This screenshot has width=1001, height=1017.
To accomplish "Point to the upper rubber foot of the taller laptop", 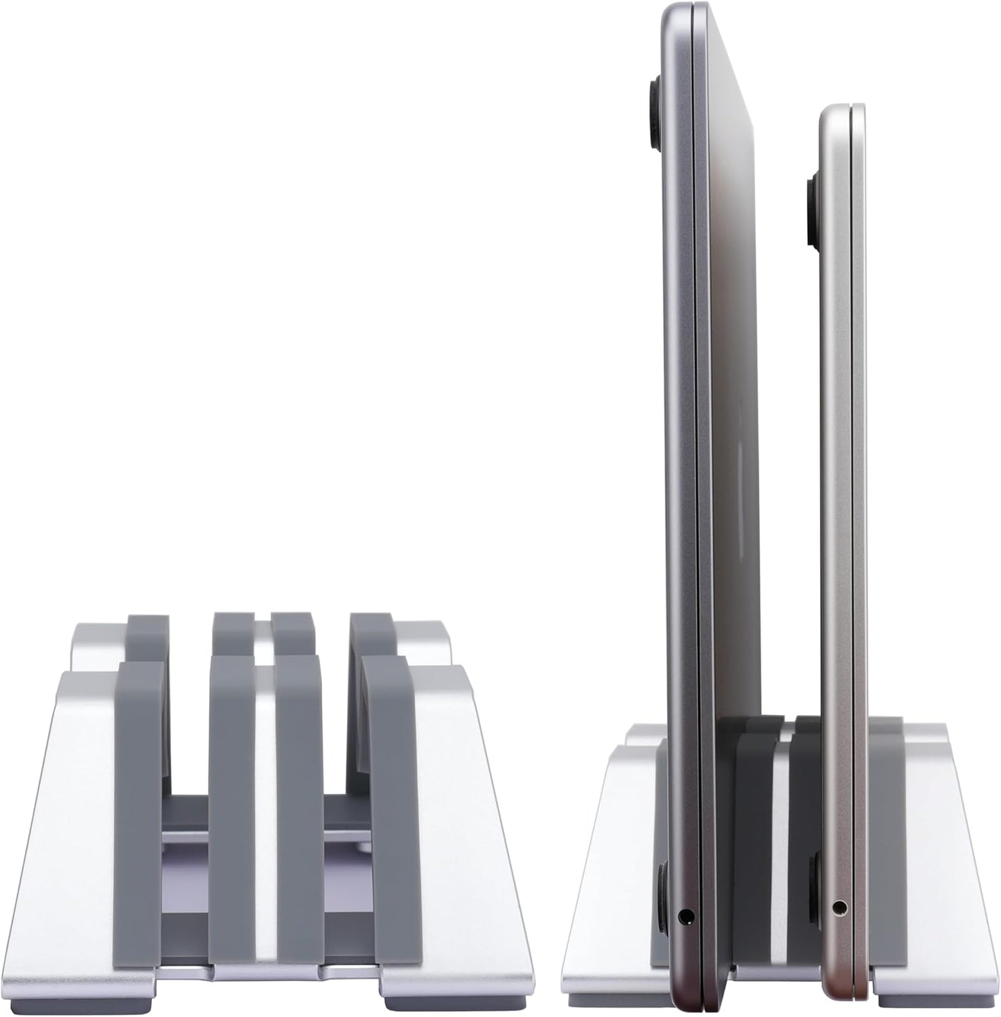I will pos(654,114).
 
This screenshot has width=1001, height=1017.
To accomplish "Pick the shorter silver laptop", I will pos(842,485).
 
